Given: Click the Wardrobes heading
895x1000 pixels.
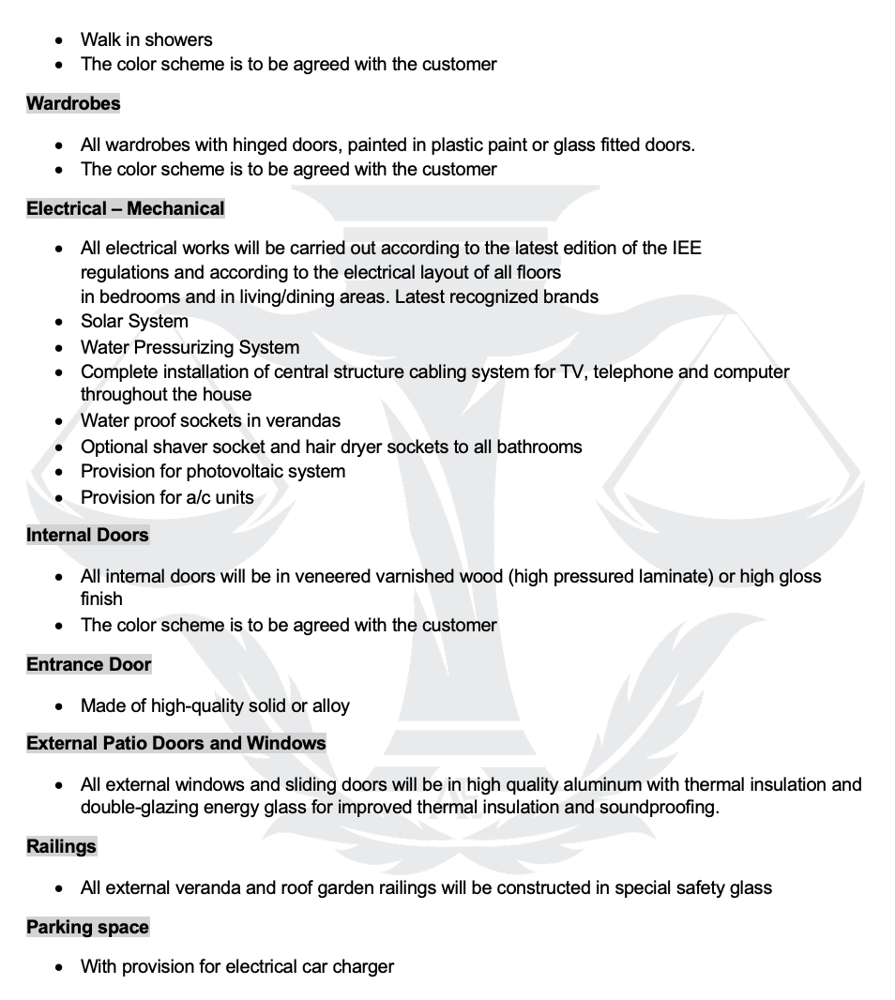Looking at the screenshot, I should point(73,104).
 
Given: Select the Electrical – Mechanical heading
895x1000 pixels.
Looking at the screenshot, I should point(126,209).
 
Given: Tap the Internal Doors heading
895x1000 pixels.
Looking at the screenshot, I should point(87,536).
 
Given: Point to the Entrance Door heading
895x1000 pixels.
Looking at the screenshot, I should point(88,665).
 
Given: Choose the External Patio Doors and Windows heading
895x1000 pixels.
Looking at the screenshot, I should point(176,744).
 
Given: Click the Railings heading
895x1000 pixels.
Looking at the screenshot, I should point(61,847).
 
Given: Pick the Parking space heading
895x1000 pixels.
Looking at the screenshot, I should point(87,928).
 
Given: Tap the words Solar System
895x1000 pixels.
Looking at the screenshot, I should point(134,322).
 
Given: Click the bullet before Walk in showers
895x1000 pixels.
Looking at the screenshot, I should point(60,40).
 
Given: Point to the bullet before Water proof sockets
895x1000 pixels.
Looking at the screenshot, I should point(60,421).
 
